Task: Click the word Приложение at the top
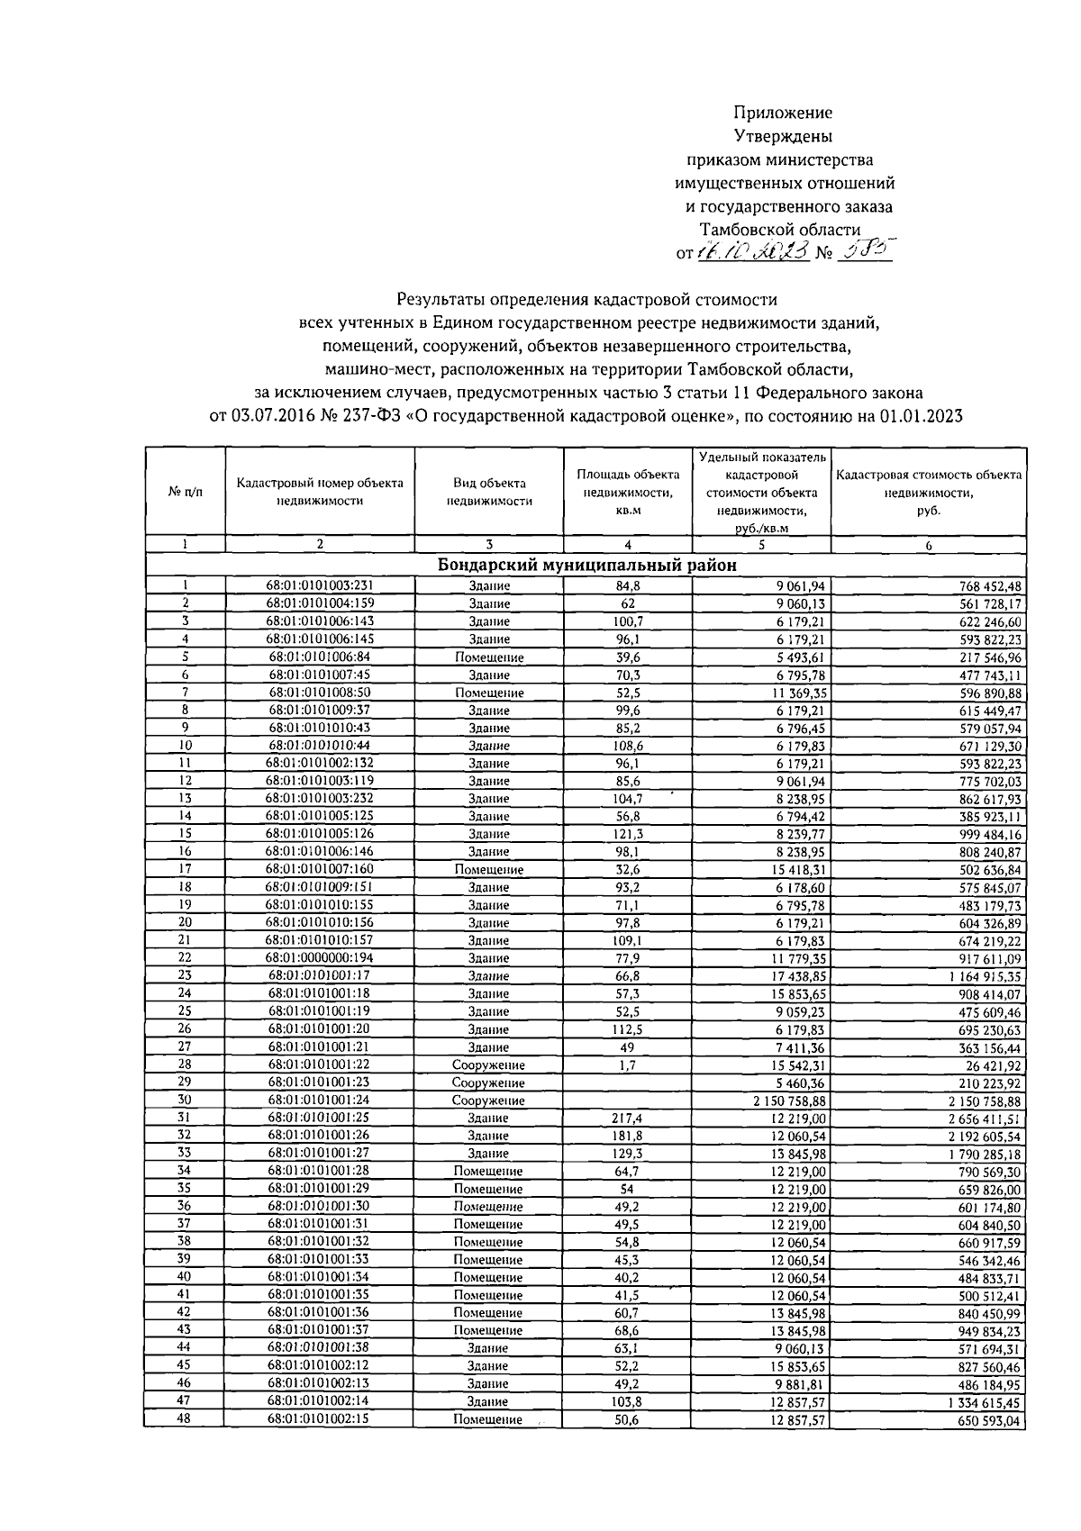782,113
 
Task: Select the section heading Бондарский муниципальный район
586,565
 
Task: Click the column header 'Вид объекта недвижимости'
489,492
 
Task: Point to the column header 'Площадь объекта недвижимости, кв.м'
628,492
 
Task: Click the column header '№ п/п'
186,492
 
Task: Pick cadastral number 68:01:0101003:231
319,585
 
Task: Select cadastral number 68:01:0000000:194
319,957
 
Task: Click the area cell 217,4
627,1118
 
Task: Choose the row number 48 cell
185,1418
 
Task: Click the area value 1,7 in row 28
627,1064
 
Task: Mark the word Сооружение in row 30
488,1101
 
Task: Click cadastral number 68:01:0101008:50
319,693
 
